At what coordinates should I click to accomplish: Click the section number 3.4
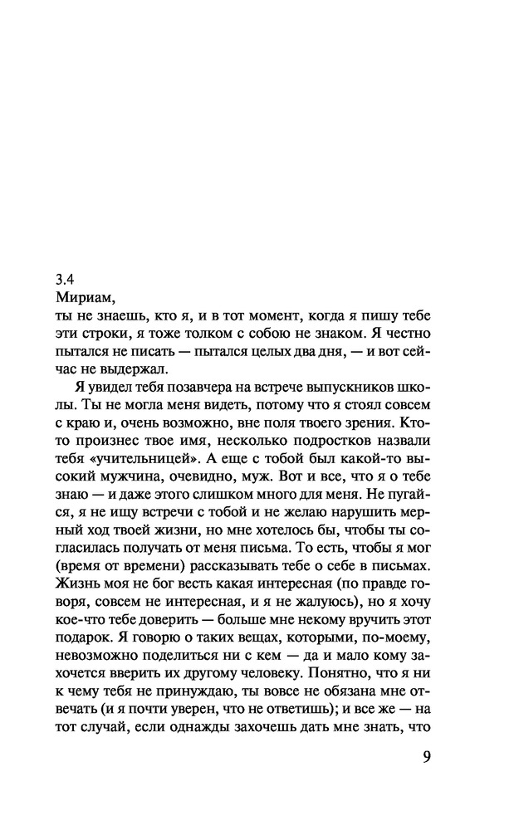66,278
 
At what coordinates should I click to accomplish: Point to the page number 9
427,758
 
